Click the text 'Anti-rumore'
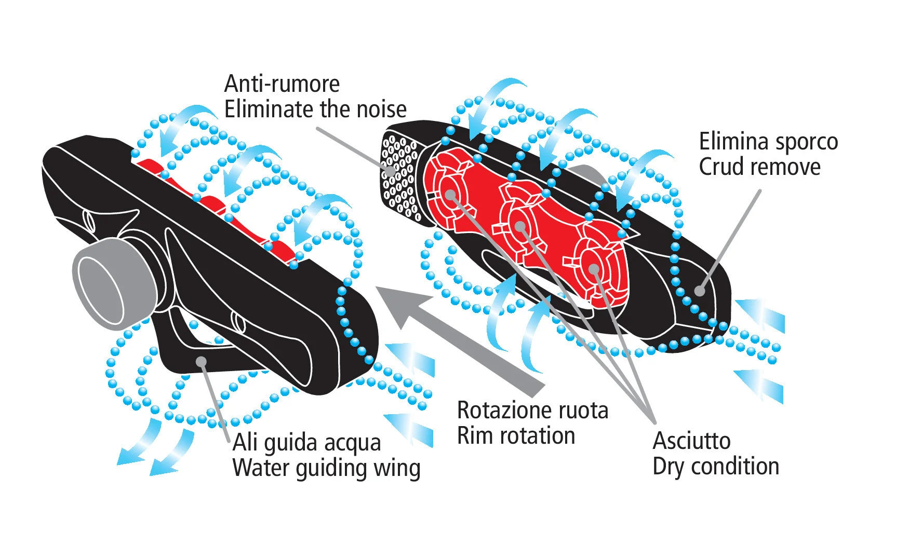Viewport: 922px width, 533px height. (282, 85)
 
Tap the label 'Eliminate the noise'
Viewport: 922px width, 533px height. (315, 110)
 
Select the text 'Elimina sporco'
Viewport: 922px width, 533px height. (768, 142)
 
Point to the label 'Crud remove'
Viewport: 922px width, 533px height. (759, 167)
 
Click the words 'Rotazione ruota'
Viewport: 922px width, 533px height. (532, 411)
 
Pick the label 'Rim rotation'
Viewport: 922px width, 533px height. (516, 436)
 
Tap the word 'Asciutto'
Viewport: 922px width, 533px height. (691, 441)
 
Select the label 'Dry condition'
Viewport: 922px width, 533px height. (716, 467)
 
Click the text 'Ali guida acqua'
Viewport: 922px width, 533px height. (306, 443)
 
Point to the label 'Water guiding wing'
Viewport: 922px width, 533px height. (326, 468)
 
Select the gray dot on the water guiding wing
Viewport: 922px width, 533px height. (201, 361)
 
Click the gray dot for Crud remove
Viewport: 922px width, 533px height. (700, 290)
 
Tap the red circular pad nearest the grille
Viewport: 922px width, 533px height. (450, 195)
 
